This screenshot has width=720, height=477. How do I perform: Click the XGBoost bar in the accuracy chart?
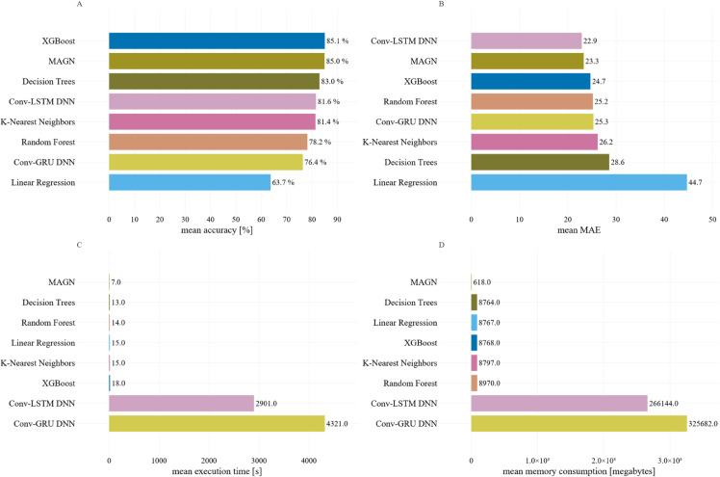(x=217, y=40)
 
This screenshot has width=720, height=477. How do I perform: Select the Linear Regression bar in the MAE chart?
(x=579, y=182)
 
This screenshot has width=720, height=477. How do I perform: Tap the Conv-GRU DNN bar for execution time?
(x=217, y=424)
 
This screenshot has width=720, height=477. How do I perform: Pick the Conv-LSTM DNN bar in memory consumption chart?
(x=559, y=404)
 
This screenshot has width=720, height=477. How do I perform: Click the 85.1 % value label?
(x=338, y=40)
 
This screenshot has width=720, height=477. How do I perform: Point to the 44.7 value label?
(x=695, y=182)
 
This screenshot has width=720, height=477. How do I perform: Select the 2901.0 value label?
(x=267, y=404)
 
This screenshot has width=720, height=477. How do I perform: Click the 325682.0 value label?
(x=703, y=424)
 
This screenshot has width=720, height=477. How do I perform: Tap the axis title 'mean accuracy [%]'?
(x=217, y=230)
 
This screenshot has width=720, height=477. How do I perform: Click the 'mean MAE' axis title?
(x=579, y=230)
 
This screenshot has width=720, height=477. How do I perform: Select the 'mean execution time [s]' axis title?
(x=217, y=471)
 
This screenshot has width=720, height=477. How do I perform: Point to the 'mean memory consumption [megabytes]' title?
(x=579, y=471)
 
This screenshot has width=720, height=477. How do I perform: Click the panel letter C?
(x=80, y=245)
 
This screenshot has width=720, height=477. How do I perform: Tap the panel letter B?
(x=441, y=4)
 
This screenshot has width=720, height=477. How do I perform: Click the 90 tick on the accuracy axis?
(x=338, y=220)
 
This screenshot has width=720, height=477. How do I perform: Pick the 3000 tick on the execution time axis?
(x=259, y=461)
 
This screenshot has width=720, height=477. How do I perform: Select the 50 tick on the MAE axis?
(x=712, y=220)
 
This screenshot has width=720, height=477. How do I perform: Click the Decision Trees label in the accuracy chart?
(x=49, y=81)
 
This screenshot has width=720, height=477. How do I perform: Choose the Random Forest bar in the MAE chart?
(x=531, y=101)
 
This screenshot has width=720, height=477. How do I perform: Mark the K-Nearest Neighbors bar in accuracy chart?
(x=212, y=121)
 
